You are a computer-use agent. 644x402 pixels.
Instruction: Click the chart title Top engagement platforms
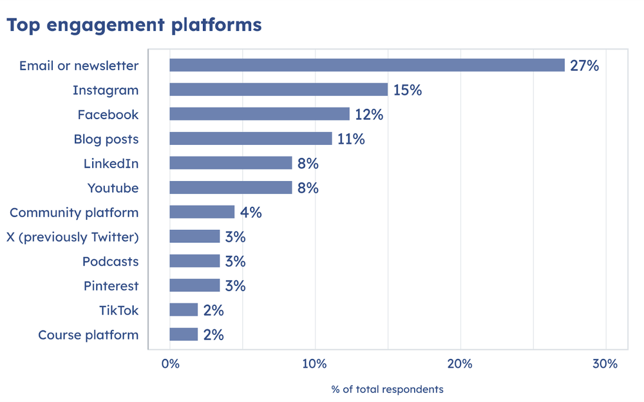(x=134, y=25)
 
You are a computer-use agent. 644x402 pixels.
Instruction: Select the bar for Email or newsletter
(x=366, y=65)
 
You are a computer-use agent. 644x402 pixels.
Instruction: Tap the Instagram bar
(x=278, y=90)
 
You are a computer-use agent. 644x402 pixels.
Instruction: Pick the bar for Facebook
(x=259, y=114)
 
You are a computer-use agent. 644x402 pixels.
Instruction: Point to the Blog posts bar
(x=251, y=139)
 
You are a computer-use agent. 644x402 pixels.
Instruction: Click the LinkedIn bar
(x=231, y=163)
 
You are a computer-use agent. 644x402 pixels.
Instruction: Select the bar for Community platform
(x=202, y=212)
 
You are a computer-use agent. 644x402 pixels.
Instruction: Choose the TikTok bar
(x=184, y=310)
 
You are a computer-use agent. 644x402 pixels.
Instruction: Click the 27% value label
(x=584, y=65)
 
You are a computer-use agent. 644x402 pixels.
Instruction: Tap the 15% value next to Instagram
(x=407, y=90)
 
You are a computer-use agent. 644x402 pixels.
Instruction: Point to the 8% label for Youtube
(x=308, y=188)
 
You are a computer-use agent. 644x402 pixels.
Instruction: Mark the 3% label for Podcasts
(x=235, y=262)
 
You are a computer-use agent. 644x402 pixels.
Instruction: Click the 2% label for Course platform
(x=213, y=335)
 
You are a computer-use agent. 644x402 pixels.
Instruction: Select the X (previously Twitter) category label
(x=72, y=237)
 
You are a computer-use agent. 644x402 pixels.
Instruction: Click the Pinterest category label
(x=111, y=286)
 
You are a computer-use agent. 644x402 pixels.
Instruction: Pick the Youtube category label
(x=113, y=188)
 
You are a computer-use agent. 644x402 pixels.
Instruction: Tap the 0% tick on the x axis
(x=170, y=364)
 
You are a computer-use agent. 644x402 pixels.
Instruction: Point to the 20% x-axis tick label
(x=460, y=364)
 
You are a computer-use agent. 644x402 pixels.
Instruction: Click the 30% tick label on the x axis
(x=605, y=364)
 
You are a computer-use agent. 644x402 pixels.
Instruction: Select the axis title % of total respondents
(x=387, y=389)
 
